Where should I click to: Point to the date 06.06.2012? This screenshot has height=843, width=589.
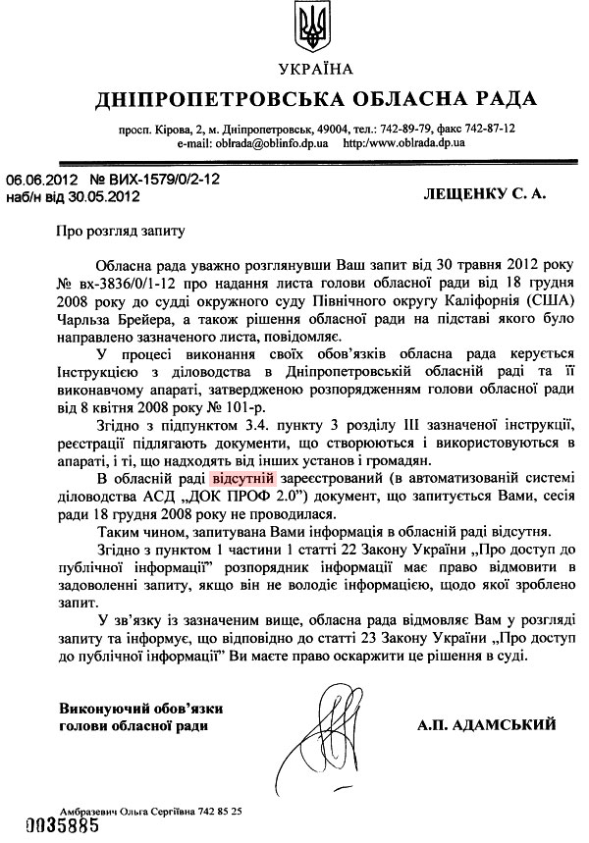(43, 181)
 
